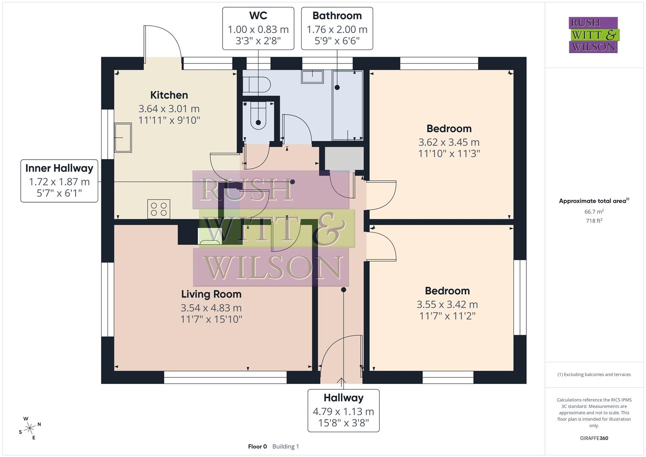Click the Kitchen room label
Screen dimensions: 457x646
(169, 95)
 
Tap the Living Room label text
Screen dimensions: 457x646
(211, 294)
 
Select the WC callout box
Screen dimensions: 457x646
(258, 28)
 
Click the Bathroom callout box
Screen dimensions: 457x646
(337, 28)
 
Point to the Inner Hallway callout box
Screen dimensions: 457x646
(59, 181)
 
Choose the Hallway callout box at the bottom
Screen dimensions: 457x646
(343, 410)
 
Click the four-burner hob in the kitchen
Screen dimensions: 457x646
(159, 209)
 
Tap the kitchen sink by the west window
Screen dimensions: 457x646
(123, 138)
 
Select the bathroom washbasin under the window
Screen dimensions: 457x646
(312, 77)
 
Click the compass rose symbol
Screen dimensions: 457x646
(30, 428)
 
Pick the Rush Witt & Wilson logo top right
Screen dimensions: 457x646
(593, 35)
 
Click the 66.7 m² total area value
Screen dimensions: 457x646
(594, 212)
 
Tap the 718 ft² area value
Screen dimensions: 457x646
(594, 221)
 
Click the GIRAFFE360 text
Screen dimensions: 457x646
(594, 438)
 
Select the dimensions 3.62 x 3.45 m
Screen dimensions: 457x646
(448, 142)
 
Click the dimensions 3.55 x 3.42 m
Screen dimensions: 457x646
(447, 304)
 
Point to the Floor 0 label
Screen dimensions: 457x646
(257, 446)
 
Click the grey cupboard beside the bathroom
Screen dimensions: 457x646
(344, 158)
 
